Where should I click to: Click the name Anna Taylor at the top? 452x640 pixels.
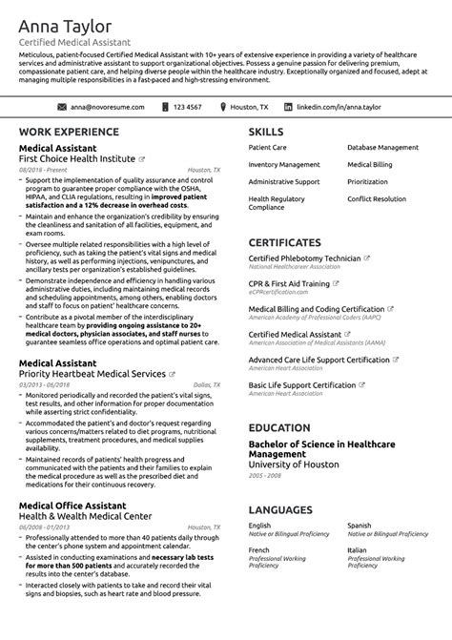tap(65, 27)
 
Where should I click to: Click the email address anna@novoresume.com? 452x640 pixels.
tap(107, 107)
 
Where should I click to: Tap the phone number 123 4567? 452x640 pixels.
tap(188, 107)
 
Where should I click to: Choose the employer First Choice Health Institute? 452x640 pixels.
tap(77, 158)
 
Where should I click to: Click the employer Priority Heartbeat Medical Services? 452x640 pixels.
tap(92, 375)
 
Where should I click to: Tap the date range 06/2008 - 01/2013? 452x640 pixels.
tap(45, 526)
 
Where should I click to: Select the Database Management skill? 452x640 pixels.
tap(381, 149)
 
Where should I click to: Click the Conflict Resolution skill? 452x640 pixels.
tap(376, 198)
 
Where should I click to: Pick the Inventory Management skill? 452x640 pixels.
tap(284, 165)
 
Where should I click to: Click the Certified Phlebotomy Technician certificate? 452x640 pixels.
tap(304, 258)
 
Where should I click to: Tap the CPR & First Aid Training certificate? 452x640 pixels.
tap(289, 283)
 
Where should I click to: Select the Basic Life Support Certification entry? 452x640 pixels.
tap(302, 385)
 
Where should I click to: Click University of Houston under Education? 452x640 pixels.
tap(294, 465)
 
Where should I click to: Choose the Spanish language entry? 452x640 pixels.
tap(360, 525)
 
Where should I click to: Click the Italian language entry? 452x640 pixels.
tap(357, 550)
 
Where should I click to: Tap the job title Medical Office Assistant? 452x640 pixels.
tap(72, 506)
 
